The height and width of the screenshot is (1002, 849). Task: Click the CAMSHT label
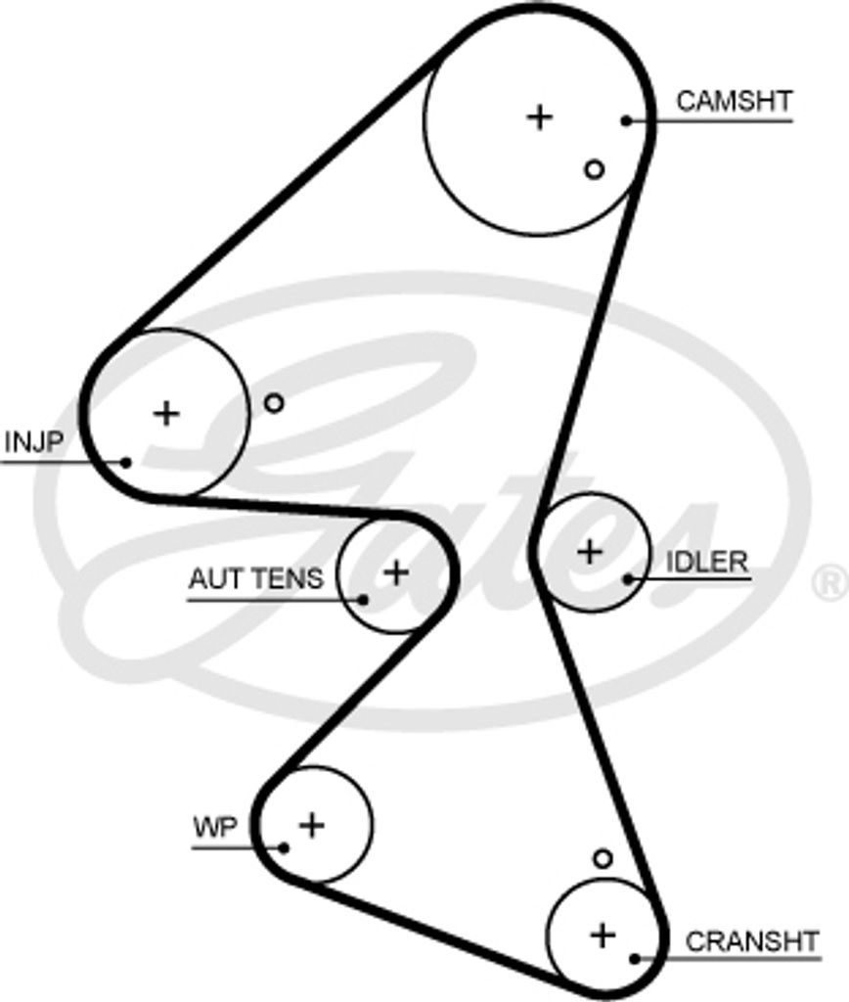[734, 101]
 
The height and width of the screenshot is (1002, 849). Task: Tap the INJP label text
[33, 442]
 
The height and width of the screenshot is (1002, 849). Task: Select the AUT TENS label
[255, 578]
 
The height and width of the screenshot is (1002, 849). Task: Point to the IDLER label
[706, 562]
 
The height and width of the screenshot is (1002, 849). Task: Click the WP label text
[214, 828]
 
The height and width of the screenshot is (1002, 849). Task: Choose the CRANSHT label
[751, 941]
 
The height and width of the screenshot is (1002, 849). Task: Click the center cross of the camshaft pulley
[539, 116]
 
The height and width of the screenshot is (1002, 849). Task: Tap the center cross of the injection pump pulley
[166, 413]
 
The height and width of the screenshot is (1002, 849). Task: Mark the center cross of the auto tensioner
[396, 571]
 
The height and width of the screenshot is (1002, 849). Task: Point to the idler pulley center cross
[589, 552]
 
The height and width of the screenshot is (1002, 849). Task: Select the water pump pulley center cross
[311, 825]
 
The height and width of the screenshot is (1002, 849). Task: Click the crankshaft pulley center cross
[603, 934]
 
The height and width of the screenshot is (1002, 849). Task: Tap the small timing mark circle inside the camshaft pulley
[594, 169]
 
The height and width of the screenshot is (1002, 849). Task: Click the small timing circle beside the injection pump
[274, 402]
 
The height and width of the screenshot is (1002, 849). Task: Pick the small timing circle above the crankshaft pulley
[603, 858]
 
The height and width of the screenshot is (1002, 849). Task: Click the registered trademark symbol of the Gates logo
[830, 583]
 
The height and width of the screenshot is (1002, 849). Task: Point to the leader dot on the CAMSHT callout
[625, 121]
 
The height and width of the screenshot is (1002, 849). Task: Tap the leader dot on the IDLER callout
[627, 579]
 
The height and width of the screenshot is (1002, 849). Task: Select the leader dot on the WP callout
[284, 847]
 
